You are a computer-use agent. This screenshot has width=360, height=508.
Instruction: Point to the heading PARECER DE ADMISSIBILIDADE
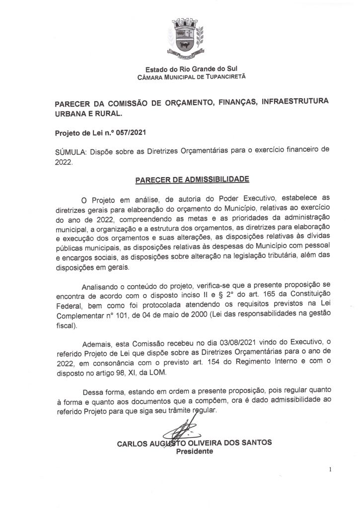(193, 178)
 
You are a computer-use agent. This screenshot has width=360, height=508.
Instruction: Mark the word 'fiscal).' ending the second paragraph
(66, 327)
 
